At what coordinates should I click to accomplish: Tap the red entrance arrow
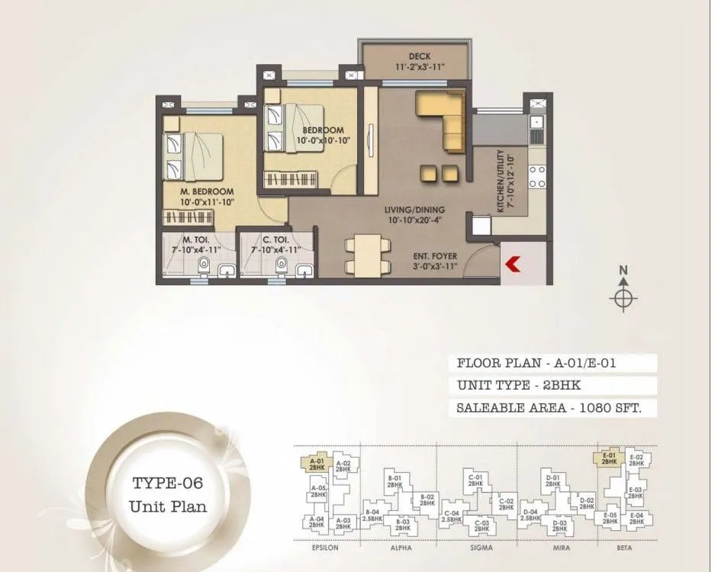pos(513,264)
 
